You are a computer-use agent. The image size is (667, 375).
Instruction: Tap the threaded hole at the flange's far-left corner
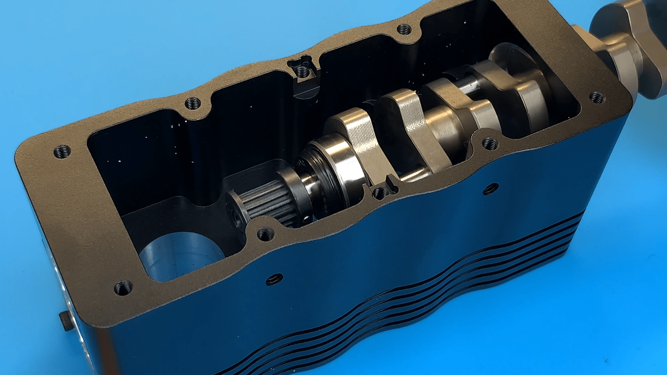pos(63,152)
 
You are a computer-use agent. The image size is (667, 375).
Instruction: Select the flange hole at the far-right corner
pos(597,97)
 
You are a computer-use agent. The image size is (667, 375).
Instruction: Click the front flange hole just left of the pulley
pos(265,235)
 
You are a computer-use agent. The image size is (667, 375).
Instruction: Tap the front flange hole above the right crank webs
pos(490,143)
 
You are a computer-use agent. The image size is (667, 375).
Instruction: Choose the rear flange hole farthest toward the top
pos(404,30)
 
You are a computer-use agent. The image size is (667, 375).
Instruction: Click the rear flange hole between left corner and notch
pos(193,103)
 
